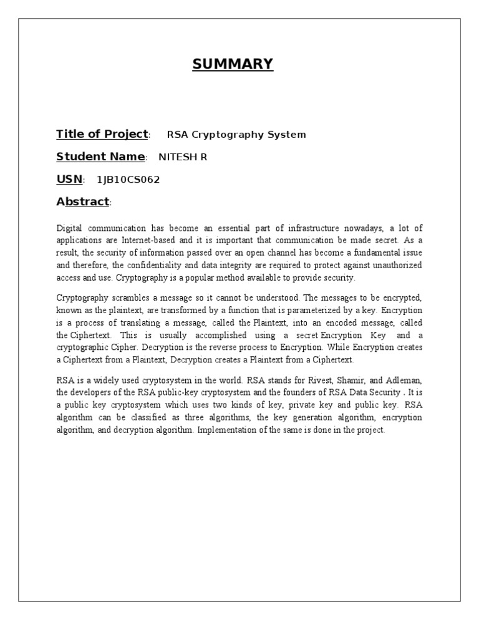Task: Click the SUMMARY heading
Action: point(233,64)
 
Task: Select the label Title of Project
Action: point(102,134)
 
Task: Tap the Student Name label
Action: point(100,157)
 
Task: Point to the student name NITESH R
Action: point(183,157)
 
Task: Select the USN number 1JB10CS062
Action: point(128,180)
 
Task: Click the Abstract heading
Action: point(82,202)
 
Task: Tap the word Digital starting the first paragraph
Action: point(69,229)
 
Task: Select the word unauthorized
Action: point(394,265)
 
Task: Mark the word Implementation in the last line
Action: point(226,430)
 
